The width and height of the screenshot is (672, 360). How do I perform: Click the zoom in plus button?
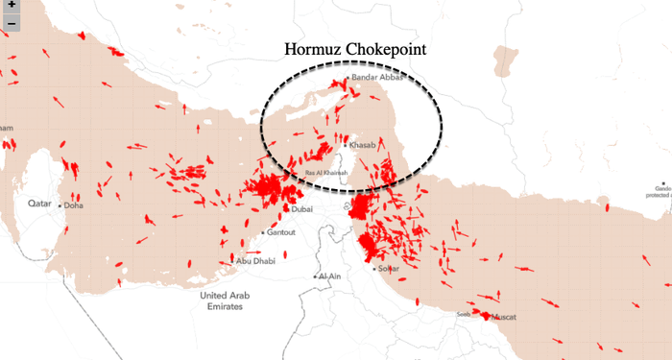tap(10, 5)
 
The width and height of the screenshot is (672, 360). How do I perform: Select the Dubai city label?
tap(302, 208)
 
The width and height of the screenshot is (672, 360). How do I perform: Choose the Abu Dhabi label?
tap(255, 261)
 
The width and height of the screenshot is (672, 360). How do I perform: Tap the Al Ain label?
tap(330, 276)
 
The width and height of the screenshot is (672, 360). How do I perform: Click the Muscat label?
tap(503, 316)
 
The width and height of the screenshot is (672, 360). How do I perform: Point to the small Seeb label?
tap(463, 313)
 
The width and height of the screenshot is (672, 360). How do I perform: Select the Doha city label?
tap(74, 205)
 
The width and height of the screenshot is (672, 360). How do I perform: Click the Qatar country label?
tap(38, 204)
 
